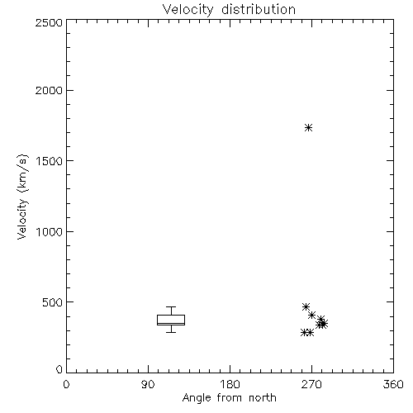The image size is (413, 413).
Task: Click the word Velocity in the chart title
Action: tap(188, 10)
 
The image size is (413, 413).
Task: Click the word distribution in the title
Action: tap(259, 9)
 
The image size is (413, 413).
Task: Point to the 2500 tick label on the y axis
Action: tap(49, 22)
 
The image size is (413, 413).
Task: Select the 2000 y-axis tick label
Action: tap(49, 90)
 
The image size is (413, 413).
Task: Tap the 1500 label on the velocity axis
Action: tap(50, 161)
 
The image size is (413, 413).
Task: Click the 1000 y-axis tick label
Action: tap(50, 232)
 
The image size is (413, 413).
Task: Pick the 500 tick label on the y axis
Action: tap(53, 302)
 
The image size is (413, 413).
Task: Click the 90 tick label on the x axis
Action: tap(148, 384)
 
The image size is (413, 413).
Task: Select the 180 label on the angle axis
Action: tap(230, 384)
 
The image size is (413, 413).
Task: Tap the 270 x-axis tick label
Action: tap(311, 384)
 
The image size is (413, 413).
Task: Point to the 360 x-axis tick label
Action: tap(393, 384)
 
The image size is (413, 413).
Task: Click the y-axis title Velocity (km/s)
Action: tap(22, 197)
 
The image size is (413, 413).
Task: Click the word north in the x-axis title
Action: tap(263, 398)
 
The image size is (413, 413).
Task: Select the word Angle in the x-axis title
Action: tap(197, 398)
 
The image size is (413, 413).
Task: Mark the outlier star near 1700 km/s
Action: tap(308, 127)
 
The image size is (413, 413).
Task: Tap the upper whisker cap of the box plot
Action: tap(171, 306)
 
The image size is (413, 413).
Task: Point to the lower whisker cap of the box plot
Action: tap(171, 332)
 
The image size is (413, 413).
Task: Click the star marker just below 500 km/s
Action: tap(306, 306)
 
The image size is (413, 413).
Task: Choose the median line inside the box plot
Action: tap(171, 323)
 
